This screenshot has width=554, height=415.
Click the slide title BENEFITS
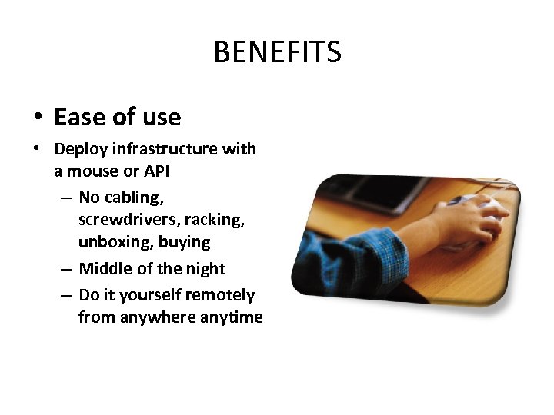click(x=277, y=52)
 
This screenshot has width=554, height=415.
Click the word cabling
click(x=133, y=198)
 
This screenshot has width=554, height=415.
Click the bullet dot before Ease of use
click(x=36, y=118)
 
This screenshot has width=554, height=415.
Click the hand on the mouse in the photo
click(x=469, y=218)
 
